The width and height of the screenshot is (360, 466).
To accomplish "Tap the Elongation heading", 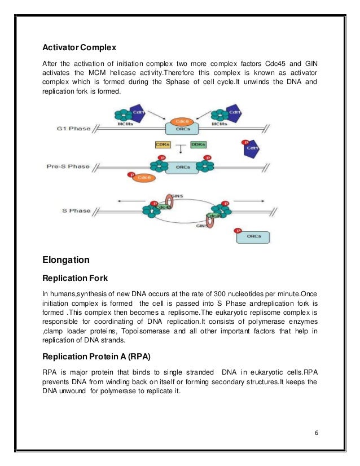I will (x=67, y=260).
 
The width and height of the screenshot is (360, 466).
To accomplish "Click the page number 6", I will (x=317, y=433).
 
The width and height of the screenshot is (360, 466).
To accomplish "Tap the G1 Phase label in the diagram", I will (x=73, y=129).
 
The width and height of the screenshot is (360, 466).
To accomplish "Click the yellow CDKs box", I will (x=163, y=145).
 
